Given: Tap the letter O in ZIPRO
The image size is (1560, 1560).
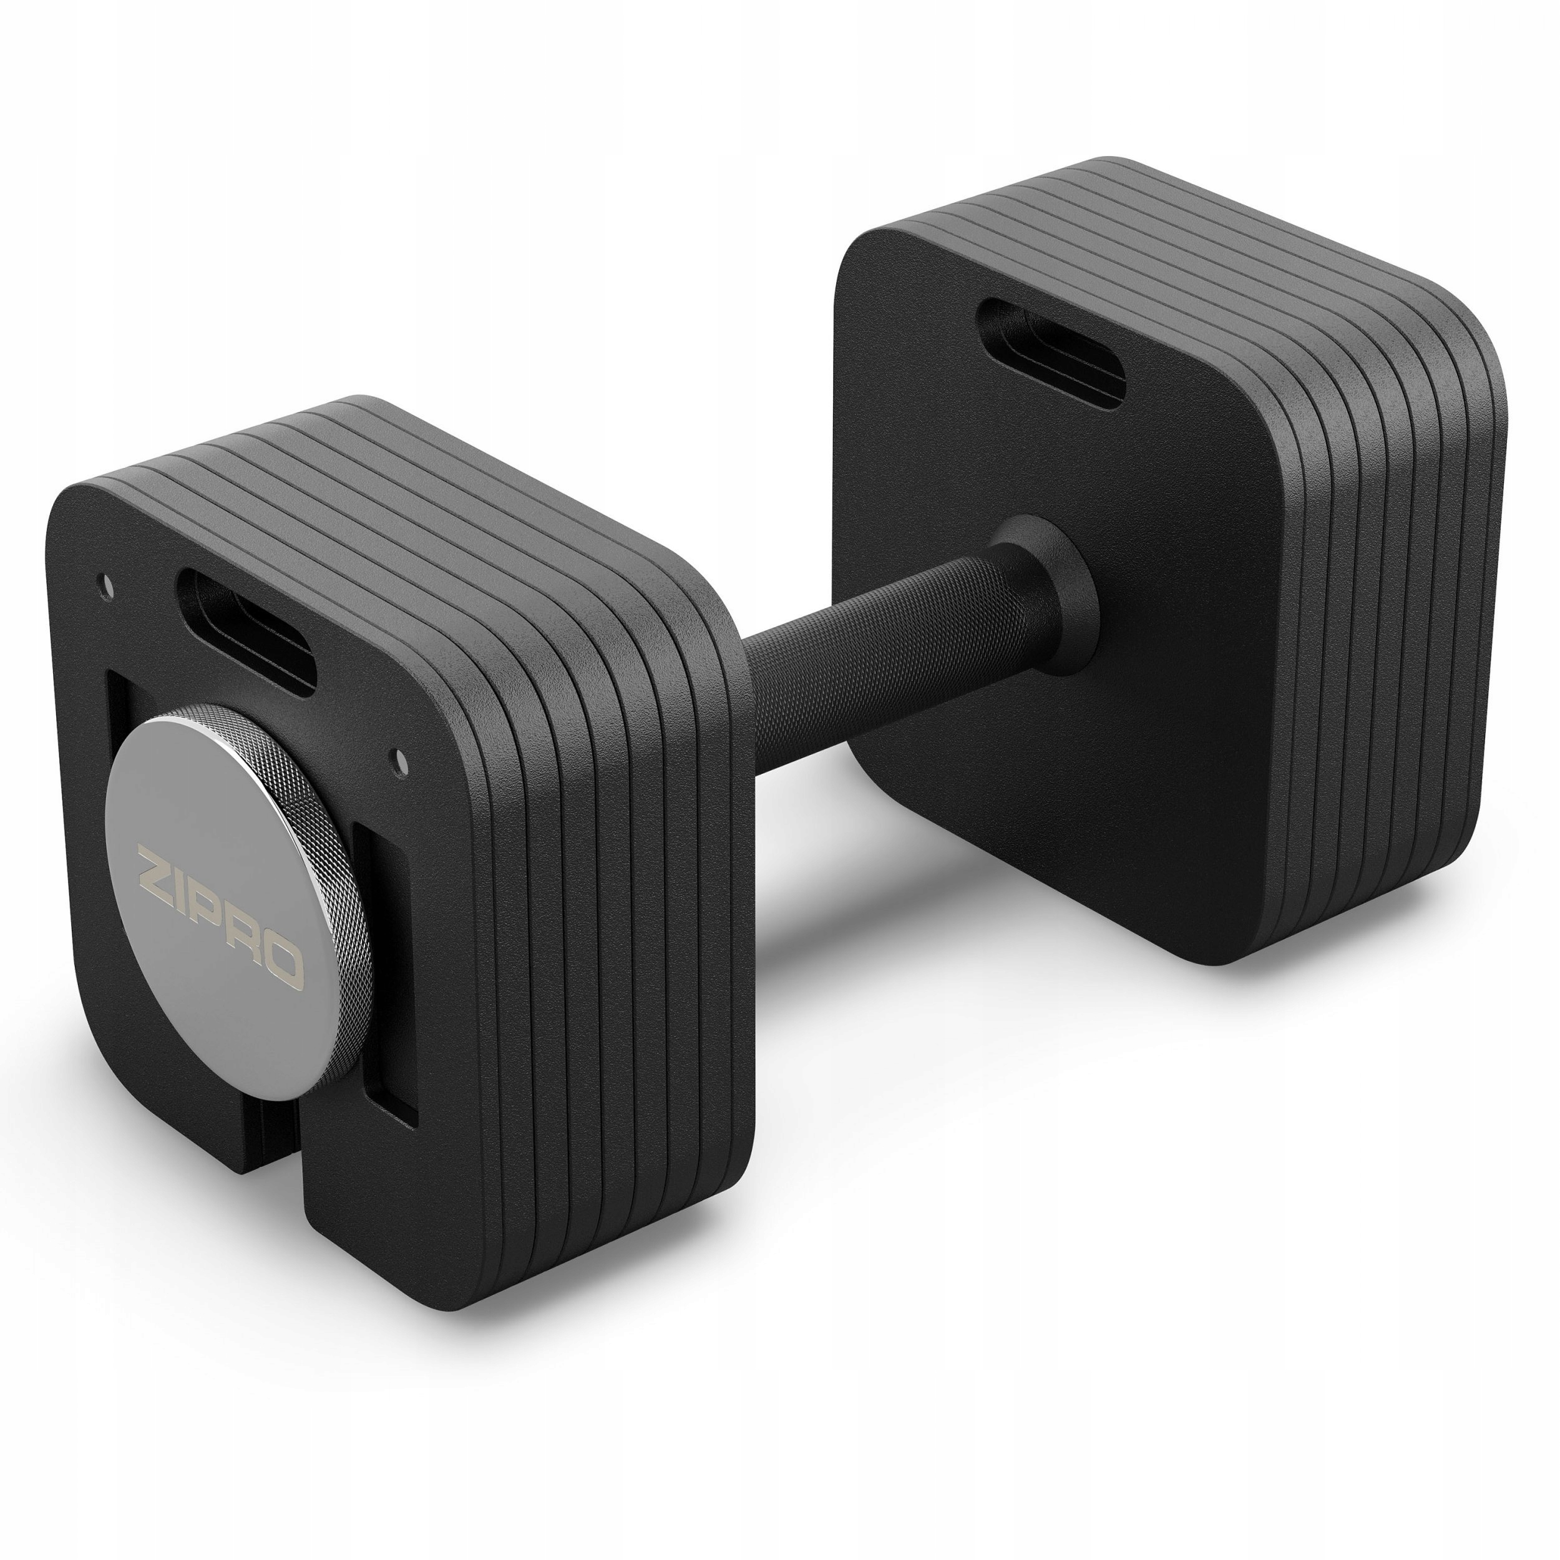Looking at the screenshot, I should point(284,965).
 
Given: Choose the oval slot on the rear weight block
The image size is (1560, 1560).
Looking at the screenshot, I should point(1050,351).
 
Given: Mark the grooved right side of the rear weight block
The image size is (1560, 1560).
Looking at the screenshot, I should point(1373,646).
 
